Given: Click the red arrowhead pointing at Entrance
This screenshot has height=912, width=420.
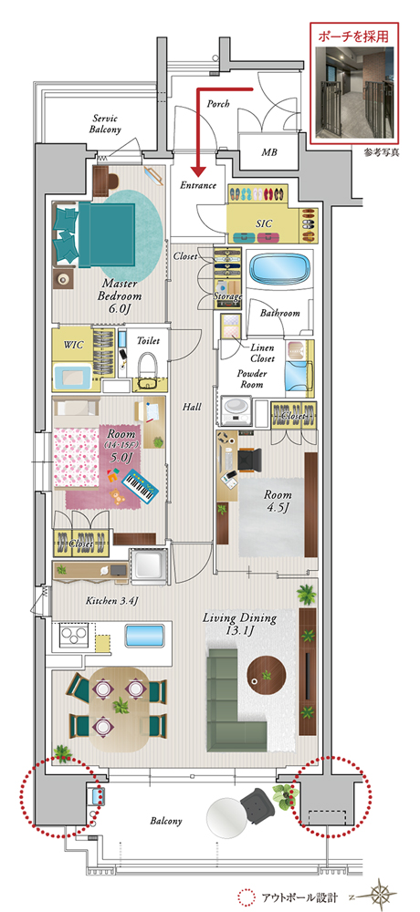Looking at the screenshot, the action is pyautogui.click(x=199, y=171).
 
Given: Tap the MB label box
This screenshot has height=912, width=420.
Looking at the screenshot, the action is pyautogui.click(x=268, y=152).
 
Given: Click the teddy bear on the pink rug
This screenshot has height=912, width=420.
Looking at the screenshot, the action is pyautogui.click(x=119, y=496).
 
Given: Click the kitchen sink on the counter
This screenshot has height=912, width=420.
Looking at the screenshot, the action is pyautogui.click(x=145, y=635).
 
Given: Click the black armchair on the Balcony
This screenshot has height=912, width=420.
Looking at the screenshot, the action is pyautogui.click(x=257, y=805).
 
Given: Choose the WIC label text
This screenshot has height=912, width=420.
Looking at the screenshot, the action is pyautogui.click(x=73, y=345).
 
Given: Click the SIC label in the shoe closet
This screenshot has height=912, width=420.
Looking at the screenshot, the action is pyautogui.click(x=264, y=223).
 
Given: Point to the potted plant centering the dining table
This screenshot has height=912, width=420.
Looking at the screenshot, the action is pyautogui.click(x=121, y=706).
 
